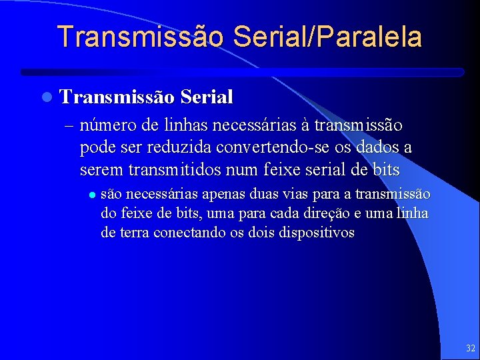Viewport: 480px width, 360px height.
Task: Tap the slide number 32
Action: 471,348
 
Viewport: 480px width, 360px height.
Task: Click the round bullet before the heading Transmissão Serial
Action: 45,97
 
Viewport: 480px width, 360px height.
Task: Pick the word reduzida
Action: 174,147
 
